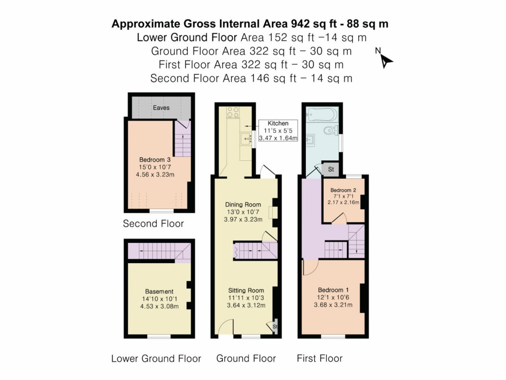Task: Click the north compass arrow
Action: pyautogui.click(x=386, y=59)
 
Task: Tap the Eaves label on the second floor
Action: pyautogui.click(x=161, y=107)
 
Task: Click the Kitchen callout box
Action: pyautogui.click(x=278, y=131)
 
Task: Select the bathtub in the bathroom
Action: pyautogui.click(x=322, y=115)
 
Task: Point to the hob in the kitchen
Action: pyautogui.click(x=233, y=113)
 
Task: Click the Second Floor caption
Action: pyautogui.click(x=153, y=224)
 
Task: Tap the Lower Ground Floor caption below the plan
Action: pyautogui.click(x=156, y=358)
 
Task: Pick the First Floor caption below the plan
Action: pyautogui.click(x=319, y=358)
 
